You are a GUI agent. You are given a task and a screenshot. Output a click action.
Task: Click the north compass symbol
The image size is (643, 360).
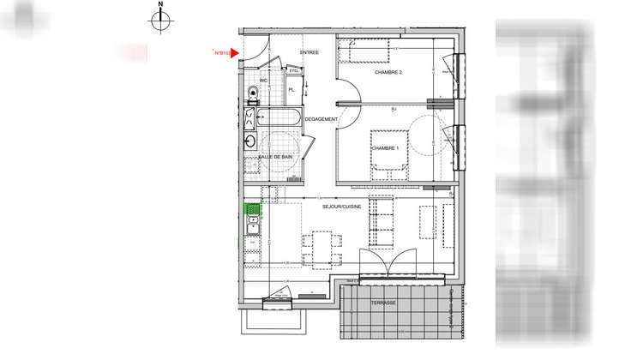tap(160, 21)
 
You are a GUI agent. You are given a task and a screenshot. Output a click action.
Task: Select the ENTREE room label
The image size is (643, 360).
tap(309, 52)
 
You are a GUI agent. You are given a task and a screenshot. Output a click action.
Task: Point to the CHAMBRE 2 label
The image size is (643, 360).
tap(388, 73)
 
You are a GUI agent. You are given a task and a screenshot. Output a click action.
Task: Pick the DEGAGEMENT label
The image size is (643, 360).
tap(321, 119)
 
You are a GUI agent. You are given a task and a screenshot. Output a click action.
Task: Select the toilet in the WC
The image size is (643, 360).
tap(252, 92)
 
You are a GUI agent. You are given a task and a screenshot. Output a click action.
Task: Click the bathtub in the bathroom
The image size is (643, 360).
tap(277, 119)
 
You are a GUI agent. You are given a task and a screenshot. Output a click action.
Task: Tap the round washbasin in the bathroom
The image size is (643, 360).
tap(251, 141)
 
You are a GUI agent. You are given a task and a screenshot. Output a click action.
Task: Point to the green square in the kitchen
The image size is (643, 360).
tap(253, 208)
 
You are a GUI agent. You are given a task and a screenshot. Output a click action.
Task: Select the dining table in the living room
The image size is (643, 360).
tap(322, 249)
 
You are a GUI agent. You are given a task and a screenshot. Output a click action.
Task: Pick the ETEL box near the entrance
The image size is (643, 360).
tap(294, 72)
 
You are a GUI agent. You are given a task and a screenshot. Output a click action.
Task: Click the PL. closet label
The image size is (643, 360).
tap(292, 89)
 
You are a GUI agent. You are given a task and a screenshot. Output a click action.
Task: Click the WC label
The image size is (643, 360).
tap(265, 81)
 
